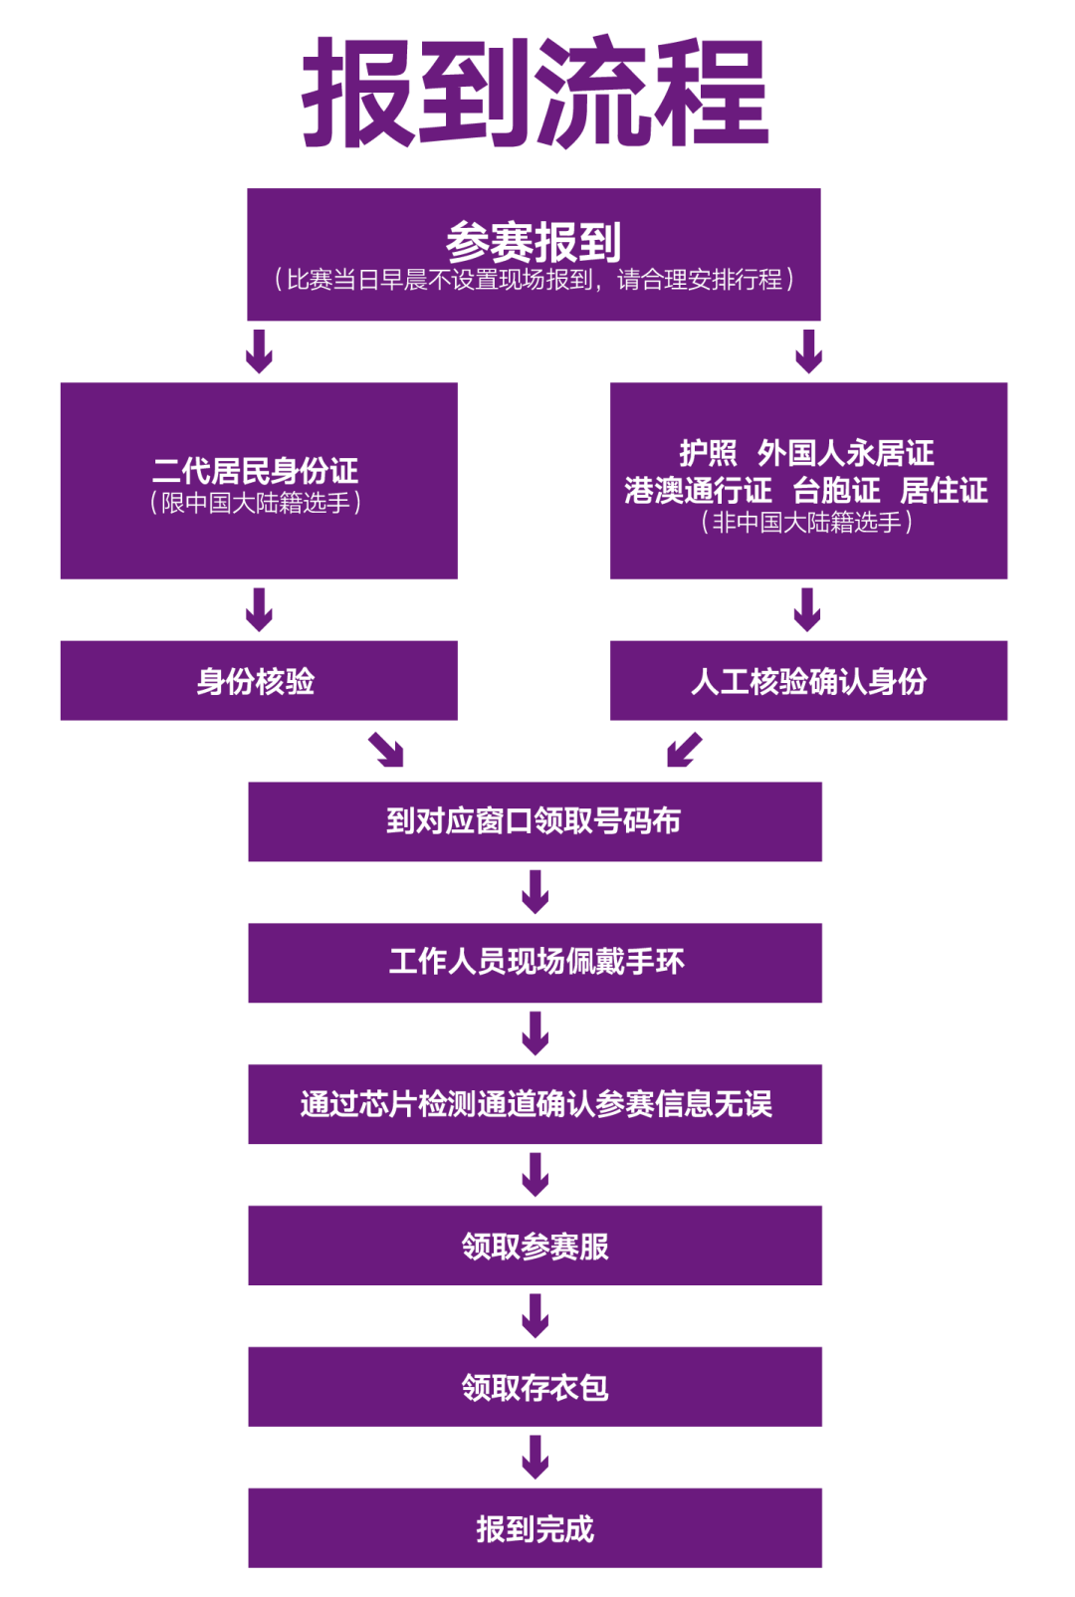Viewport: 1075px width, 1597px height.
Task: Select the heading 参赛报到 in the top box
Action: tap(534, 242)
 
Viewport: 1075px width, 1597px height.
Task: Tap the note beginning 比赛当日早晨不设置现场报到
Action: tap(534, 280)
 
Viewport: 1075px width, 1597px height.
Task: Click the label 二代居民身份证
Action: tap(256, 470)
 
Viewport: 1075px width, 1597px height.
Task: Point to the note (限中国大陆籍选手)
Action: tap(256, 503)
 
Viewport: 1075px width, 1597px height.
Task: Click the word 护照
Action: tap(708, 453)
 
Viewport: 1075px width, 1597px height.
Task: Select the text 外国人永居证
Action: tap(845, 453)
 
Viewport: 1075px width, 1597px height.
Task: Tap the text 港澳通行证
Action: tap(698, 490)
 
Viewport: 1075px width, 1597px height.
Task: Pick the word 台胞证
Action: tap(836, 490)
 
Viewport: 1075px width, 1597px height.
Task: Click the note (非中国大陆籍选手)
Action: tap(807, 522)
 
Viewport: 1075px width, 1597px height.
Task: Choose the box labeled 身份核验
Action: tap(259, 681)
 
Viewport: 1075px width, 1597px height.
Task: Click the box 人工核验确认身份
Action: tap(808, 681)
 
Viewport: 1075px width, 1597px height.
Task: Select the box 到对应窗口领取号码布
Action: tap(535, 821)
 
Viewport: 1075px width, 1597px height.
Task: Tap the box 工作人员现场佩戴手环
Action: tap(535, 962)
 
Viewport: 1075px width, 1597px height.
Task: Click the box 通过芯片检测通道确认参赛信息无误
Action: tap(535, 1103)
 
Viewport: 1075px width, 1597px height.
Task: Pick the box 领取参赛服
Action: tap(535, 1246)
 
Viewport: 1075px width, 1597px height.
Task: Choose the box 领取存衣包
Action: tap(535, 1387)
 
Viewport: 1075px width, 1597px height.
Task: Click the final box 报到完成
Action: tap(535, 1528)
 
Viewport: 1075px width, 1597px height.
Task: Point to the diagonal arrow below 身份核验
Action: tap(386, 750)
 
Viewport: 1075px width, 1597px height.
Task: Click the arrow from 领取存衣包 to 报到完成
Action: tap(536, 1457)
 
